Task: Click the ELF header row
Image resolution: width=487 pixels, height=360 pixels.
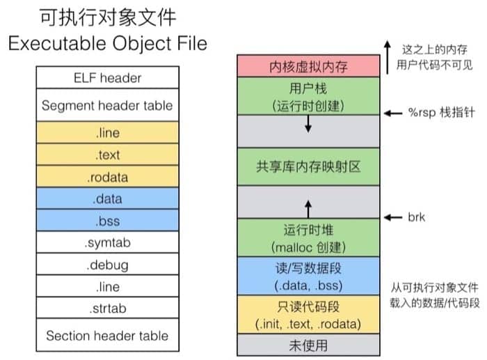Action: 106,77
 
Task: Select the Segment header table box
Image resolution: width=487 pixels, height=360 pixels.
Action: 106,107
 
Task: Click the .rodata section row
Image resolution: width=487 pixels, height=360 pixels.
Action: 106,177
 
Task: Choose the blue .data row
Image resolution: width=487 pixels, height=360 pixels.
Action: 106,199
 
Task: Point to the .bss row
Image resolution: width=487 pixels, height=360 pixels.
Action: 106,221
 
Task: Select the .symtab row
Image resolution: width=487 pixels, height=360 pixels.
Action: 106,243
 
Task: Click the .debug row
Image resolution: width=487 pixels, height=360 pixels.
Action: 106,265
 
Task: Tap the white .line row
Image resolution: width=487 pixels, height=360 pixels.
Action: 106,286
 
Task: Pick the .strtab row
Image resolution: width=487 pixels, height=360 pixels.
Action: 106,308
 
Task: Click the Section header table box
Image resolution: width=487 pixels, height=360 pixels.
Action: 106,335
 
